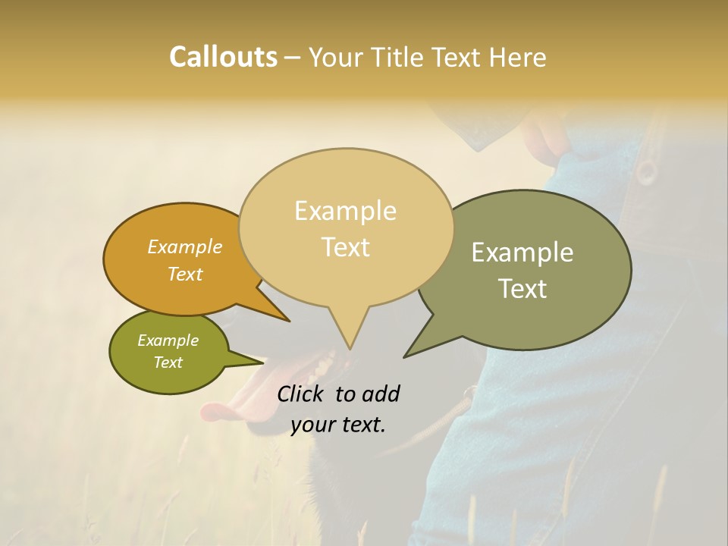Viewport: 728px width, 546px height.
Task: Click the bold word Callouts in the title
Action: [223, 57]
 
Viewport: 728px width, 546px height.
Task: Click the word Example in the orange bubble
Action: [185, 246]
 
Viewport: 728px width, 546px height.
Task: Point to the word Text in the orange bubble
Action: [185, 274]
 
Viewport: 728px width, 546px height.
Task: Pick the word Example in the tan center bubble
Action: [345, 211]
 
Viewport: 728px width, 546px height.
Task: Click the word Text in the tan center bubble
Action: [345, 247]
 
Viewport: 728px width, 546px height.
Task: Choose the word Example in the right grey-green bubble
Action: [522, 253]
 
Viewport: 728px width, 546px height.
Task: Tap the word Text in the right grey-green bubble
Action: [522, 289]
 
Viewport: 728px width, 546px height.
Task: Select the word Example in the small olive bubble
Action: [168, 340]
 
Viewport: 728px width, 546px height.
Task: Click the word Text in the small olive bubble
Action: [168, 362]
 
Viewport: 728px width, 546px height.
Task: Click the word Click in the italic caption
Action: [303, 394]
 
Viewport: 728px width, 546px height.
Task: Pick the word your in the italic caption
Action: [312, 425]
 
